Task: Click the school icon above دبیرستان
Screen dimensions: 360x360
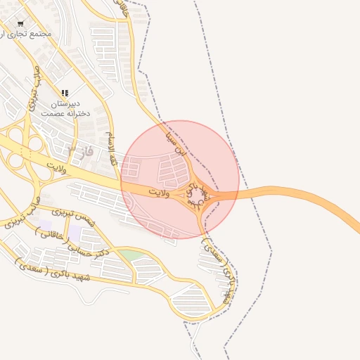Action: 65,92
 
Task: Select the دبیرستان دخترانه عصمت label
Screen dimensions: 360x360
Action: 63,108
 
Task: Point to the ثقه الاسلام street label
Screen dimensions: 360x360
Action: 112,148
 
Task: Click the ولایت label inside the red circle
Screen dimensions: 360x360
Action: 162,191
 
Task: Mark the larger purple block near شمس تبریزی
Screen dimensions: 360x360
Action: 75,231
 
